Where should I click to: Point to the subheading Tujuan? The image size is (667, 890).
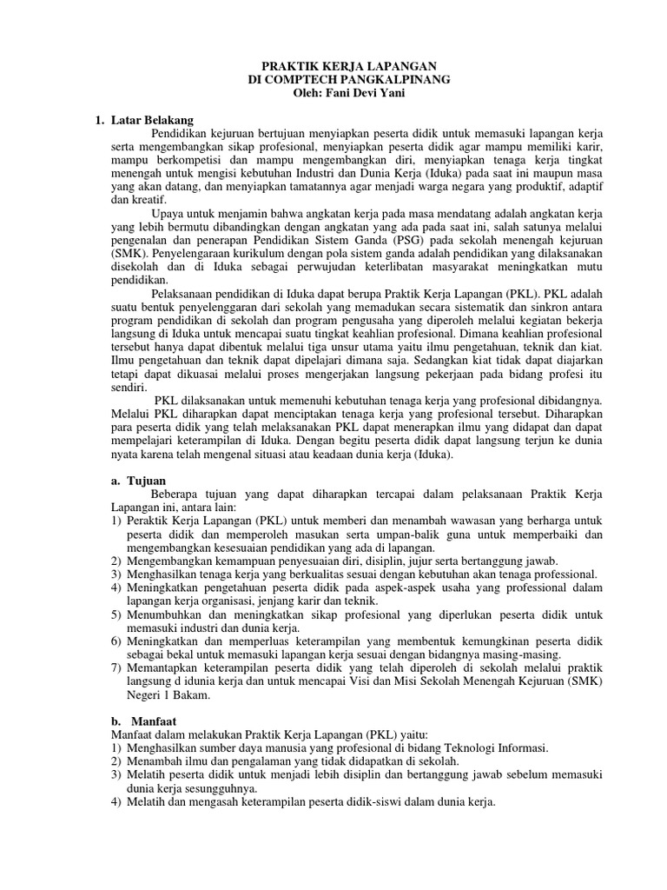click(149, 480)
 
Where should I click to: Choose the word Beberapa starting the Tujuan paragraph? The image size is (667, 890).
click(177, 493)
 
